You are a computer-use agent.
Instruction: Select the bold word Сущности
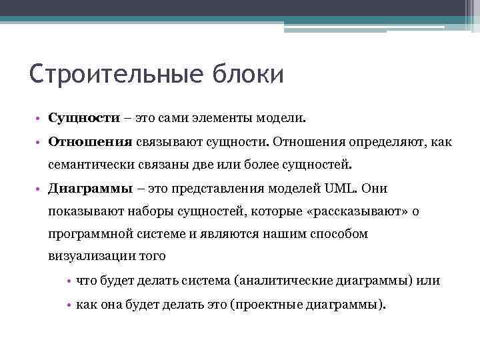tap(83, 119)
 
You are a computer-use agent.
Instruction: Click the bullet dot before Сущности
tap(41, 119)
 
